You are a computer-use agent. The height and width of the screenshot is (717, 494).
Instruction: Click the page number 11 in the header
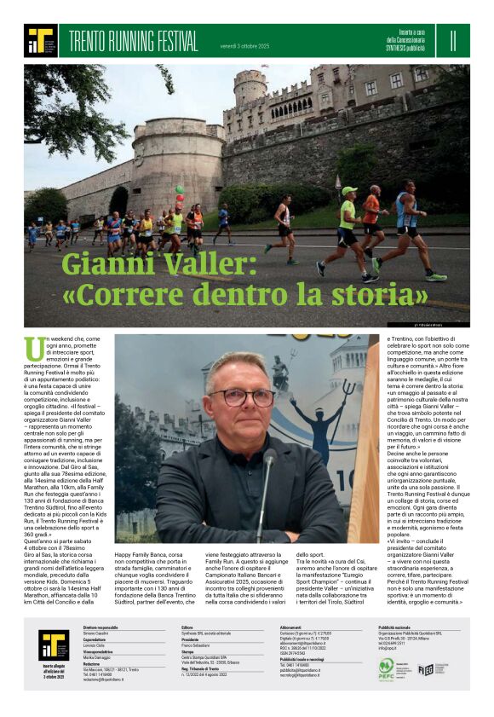coord(453,39)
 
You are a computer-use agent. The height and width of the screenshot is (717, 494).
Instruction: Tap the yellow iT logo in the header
coord(40,40)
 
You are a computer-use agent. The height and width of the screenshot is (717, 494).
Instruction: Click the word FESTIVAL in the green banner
coord(173,40)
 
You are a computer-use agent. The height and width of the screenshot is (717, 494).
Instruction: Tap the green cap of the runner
coord(348,191)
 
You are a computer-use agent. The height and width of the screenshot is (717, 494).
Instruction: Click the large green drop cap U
coord(35,349)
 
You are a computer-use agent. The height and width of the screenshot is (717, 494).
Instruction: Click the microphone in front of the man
coord(269,465)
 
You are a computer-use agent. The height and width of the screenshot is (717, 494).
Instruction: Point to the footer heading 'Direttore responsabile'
coord(101,627)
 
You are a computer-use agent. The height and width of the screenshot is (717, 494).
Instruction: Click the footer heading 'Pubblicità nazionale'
coord(402,627)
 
